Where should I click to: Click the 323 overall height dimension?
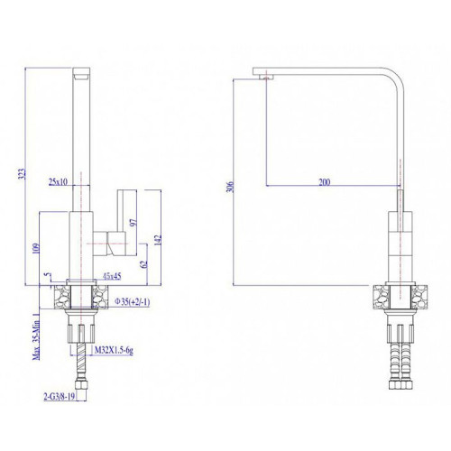[x=23, y=174]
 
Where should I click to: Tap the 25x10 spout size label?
[x=58, y=181]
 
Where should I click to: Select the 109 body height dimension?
[x=36, y=248]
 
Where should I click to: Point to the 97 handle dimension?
[x=133, y=223]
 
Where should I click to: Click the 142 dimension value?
[x=158, y=240]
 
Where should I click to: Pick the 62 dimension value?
[x=144, y=264]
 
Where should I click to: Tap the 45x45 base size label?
[x=112, y=276]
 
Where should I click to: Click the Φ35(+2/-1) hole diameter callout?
[x=133, y=301]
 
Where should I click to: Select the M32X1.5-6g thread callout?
[x=114, y=350]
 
